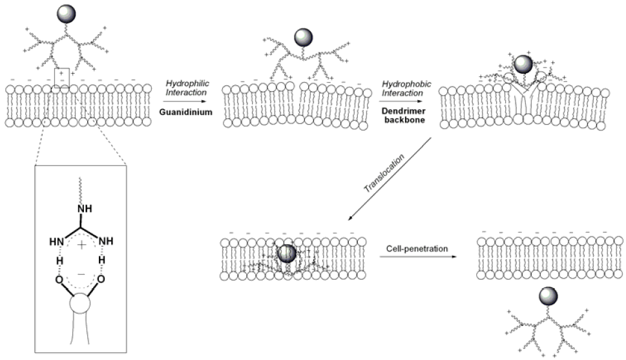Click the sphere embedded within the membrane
(x=286, y=253)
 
